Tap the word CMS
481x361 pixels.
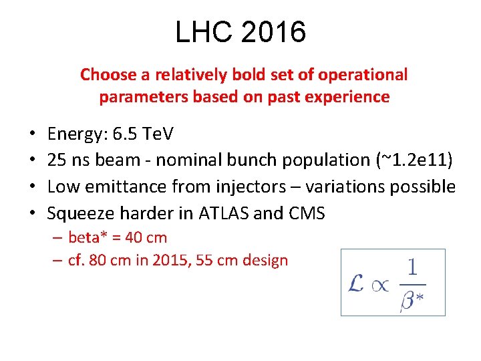(305, 213)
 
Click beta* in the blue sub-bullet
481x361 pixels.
(88, 237)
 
